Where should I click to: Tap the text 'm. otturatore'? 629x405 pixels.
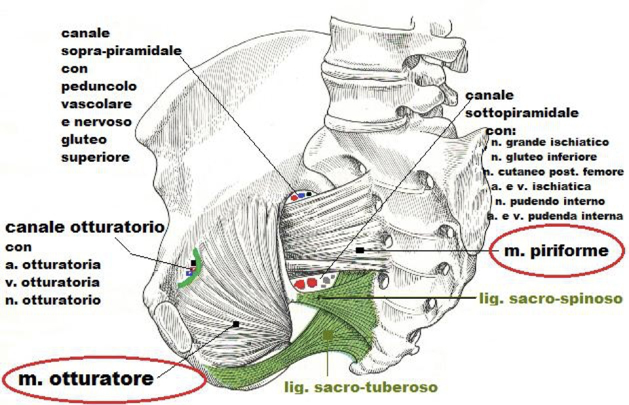(x=86, y=379)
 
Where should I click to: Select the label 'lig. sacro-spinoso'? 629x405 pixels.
(x=551, y=299)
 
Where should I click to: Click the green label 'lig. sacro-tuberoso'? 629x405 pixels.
(x=360, y=387)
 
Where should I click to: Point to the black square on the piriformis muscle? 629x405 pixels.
(x=360, y=250)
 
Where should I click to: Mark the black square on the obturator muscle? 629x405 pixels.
(x=236, y=324)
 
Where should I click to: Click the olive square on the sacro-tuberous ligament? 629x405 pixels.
(x=328, y=334)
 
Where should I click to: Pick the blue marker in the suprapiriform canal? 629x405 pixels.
(x=301, y=195)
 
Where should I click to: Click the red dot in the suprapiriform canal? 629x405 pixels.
(x=294, y=198)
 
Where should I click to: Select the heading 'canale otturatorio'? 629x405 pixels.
(x=85, y=227)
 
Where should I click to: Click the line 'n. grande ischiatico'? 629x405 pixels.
(x=550, y=142)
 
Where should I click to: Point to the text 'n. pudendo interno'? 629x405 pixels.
(x=550, y=201)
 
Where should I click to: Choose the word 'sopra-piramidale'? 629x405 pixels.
(x=122, y=51)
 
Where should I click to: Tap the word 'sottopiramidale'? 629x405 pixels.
(x=522, y=113)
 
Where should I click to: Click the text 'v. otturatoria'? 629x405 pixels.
(x=52, y=282)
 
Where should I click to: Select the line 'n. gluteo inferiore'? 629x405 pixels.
(x=544, y=157)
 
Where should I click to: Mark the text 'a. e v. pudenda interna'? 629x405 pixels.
(x=555, y=216)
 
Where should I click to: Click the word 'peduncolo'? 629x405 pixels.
(x=99, y=87)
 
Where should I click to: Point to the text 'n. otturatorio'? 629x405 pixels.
(x=53, y=300)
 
